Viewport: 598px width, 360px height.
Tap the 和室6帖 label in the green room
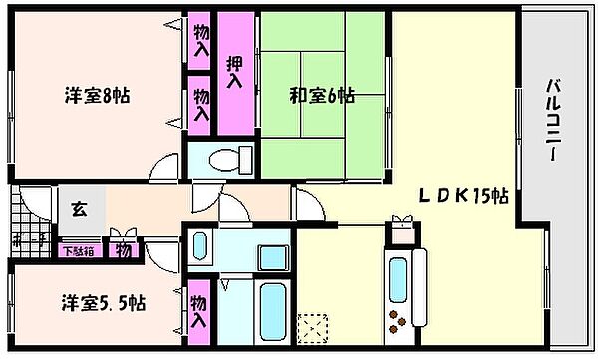[321, 97]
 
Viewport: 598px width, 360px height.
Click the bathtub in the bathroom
[270, 310]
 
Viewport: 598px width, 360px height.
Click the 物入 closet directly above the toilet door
[200, 104]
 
